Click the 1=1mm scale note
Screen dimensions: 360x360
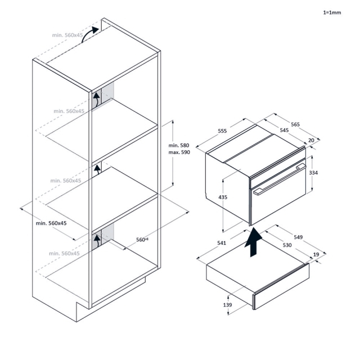coord(332,11)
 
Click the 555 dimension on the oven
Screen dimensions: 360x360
coord(222,131)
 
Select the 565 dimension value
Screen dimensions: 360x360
coord(295,124)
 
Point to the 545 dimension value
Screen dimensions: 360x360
coord(284,130)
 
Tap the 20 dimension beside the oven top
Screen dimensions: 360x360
coord(311,141)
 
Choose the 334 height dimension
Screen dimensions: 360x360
coord(314,173)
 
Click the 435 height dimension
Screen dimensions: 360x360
coord(223,197)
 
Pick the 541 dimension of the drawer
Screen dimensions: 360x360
coord(221,242)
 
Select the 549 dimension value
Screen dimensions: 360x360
coord(298,237)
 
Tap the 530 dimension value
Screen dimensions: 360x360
coord(287,245)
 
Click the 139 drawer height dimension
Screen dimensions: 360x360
coord(228,304)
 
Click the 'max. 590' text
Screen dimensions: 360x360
coord(179,153)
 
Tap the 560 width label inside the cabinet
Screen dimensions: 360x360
coord(142,239)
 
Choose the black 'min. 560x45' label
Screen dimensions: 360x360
coord(51,223)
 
